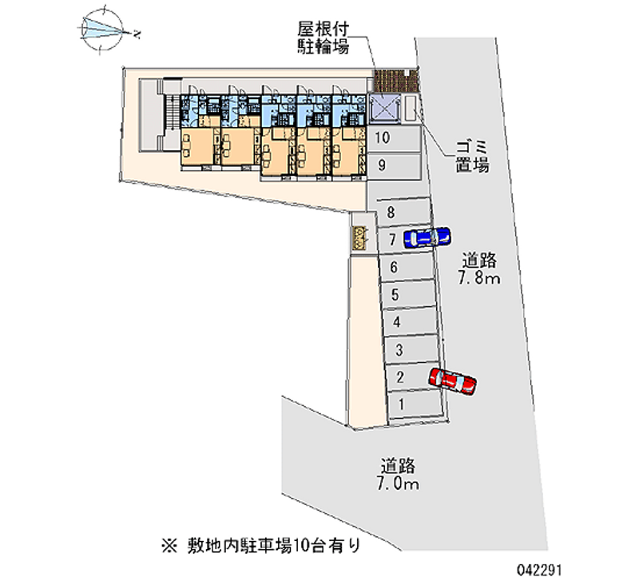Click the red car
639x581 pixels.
(452, 381)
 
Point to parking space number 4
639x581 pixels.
(410, 322)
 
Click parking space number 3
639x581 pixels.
(412, 349)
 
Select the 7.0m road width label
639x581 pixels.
(397, 474)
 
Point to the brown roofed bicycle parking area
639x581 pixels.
(395, 81)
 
